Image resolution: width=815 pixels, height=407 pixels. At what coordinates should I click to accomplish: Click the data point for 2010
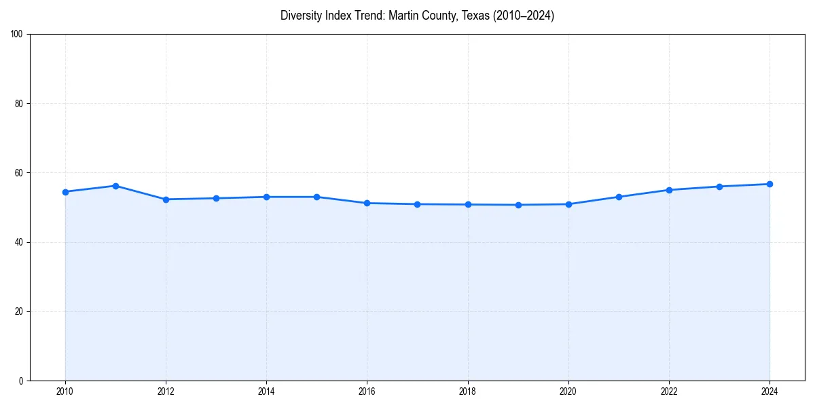click(x=65, y=192)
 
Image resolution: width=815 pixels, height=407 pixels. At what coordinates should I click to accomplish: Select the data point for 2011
click(x=115, y=186)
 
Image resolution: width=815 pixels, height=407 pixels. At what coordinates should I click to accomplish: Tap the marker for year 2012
click(x=166, y=199)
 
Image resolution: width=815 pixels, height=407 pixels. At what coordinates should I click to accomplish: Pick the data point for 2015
click(x=316, y=197)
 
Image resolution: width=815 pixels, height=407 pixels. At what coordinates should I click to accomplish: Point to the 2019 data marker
click(x=518, y=205)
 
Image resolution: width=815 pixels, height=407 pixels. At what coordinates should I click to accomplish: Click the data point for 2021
click(x=619, y=197)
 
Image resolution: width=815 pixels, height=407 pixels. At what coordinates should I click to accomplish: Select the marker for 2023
click(x=719, y=187)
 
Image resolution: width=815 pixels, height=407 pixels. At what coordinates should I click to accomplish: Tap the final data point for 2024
click(x=769, y=184)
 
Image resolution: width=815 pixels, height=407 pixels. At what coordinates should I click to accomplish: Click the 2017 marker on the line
click(x=417, y=204)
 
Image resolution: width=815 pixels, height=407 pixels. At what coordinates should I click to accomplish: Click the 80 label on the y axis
click(x=20, y=104)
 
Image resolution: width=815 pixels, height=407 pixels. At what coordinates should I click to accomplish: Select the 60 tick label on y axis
click(x=20, y=173)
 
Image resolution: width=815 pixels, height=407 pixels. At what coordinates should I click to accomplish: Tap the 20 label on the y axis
click(x=20, y=311)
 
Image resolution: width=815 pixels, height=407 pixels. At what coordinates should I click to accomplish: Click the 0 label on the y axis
click(x=22, y=381)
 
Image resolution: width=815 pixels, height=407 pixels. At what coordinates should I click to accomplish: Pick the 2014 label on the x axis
click(x=266, y=391)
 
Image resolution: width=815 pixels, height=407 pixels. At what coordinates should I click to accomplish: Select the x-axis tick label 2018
click(x=467, y=391)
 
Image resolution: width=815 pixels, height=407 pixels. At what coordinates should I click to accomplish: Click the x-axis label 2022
click(x=669, y=391)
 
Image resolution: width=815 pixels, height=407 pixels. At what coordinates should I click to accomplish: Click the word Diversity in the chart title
click(x=300, y=16)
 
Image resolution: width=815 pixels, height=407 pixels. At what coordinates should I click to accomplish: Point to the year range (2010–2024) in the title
click(x=523, y=16)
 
